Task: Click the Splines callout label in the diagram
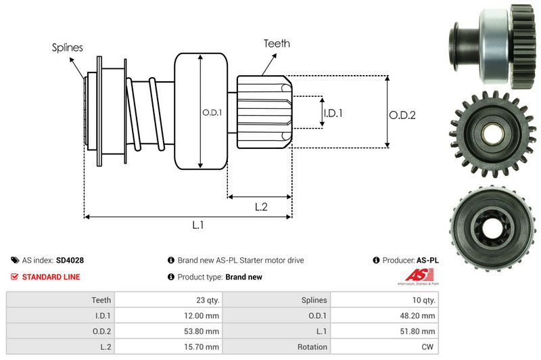[x=68, y=47]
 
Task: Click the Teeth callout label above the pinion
[x=277, y=43]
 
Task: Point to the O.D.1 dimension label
[x=212, y=112]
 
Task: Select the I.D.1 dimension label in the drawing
[x=333, y=113]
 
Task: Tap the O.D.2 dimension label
[x=402, y=115]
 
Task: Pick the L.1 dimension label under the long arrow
[x=198, y=226]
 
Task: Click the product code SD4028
[x=70, y=260]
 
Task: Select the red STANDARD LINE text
[x=51, y=277]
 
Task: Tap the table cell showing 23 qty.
[x=206, y=300]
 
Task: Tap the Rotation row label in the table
[x=312, y=346]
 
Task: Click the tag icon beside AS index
[x=15, y=260]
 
